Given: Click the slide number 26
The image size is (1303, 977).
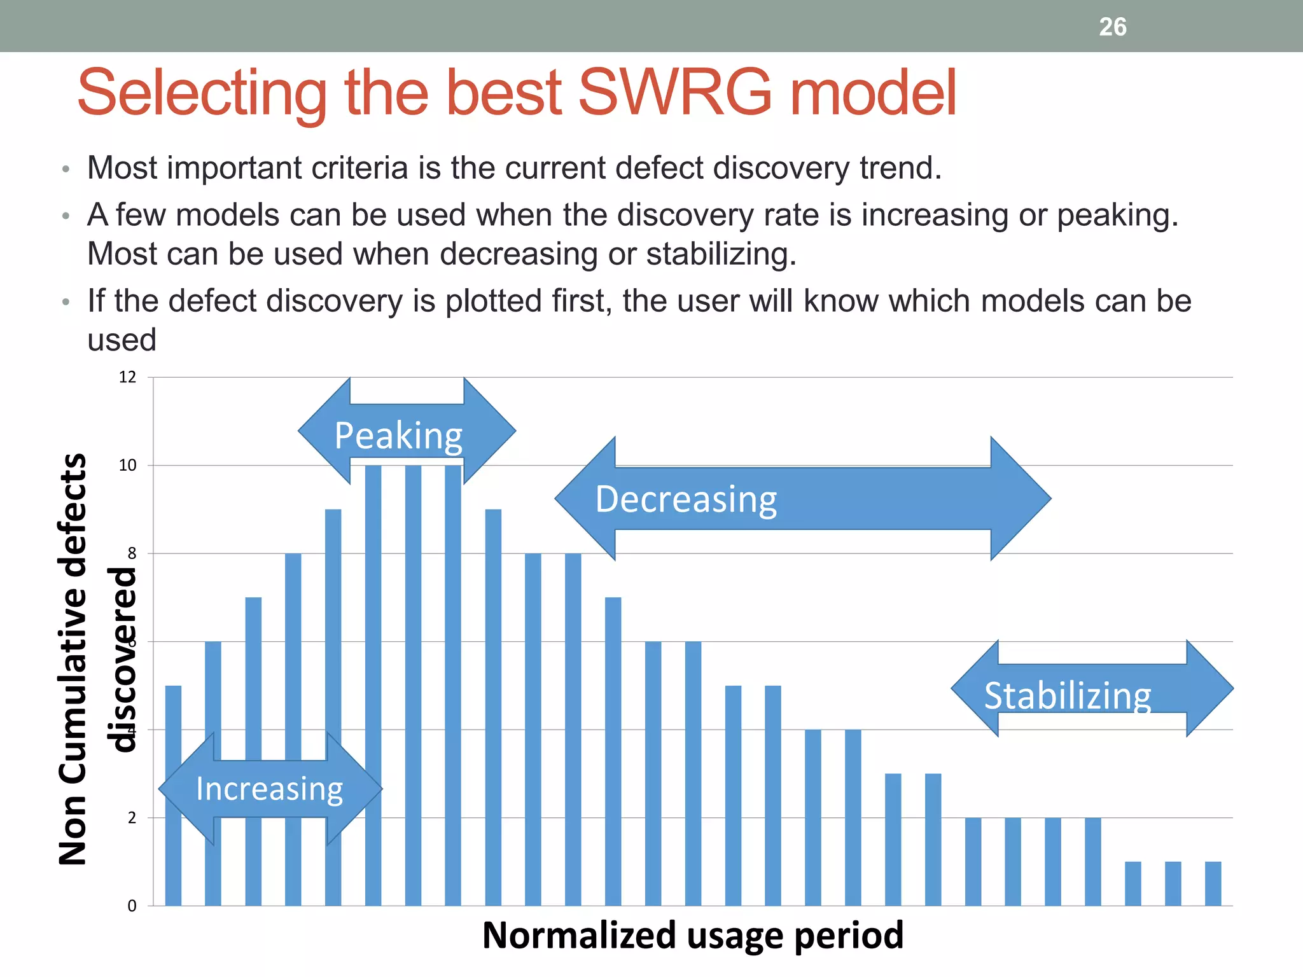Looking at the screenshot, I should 1112,27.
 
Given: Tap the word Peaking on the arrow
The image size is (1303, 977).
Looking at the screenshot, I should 398,436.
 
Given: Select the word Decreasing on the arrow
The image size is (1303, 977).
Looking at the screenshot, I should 686,499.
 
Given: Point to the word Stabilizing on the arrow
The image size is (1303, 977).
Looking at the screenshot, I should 1068,695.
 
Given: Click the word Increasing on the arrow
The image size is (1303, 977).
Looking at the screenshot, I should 269,789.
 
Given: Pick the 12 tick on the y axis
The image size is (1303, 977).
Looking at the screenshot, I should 128,377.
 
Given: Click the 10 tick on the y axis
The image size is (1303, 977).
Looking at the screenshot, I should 128,466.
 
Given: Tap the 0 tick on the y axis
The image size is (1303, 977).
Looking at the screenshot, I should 132,906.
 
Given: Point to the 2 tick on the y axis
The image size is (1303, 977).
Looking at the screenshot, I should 132,818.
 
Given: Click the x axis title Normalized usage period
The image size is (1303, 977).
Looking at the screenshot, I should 692,935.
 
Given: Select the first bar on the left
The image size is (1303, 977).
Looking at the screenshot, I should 173,795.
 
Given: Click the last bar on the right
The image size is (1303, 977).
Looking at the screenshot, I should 1213,883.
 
